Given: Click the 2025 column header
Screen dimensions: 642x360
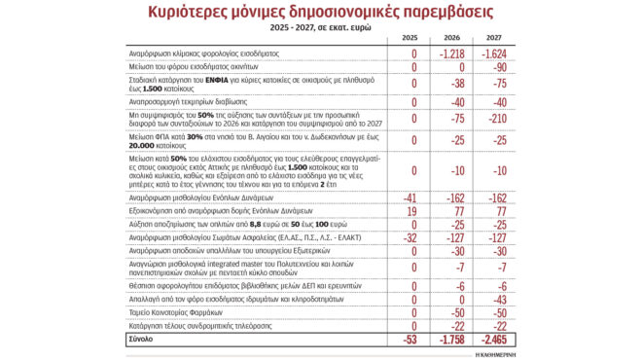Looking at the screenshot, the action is tap(411, 37).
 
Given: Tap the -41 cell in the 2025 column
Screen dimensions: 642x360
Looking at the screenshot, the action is tap(410, 196).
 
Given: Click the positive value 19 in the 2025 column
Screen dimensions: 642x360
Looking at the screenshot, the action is tap(412, 209).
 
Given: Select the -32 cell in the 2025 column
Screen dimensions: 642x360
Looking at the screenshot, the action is tap(410, 236).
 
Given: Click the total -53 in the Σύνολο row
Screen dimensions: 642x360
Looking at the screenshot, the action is tap(410, 339).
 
